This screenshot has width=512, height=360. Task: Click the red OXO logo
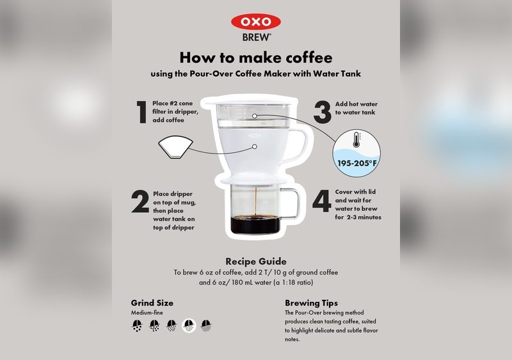tap(255, 22)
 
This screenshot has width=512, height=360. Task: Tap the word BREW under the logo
tap(256, 37)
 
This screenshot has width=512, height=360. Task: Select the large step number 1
tap(140, 111)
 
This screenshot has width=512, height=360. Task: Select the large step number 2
tap(140, 203)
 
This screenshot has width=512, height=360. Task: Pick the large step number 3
tap(322, 111)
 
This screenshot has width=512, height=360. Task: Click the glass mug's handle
tap(292, 204)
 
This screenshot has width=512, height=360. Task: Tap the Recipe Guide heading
tap(255, 262)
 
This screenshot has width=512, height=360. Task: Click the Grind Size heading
tap(152, 302)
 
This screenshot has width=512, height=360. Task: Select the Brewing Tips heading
tap(311, 302)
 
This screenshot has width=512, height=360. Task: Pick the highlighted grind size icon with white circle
tap(189, 326)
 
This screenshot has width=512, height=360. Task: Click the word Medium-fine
tap(146, 313)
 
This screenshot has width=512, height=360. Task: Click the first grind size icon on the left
tap(137, 326)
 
